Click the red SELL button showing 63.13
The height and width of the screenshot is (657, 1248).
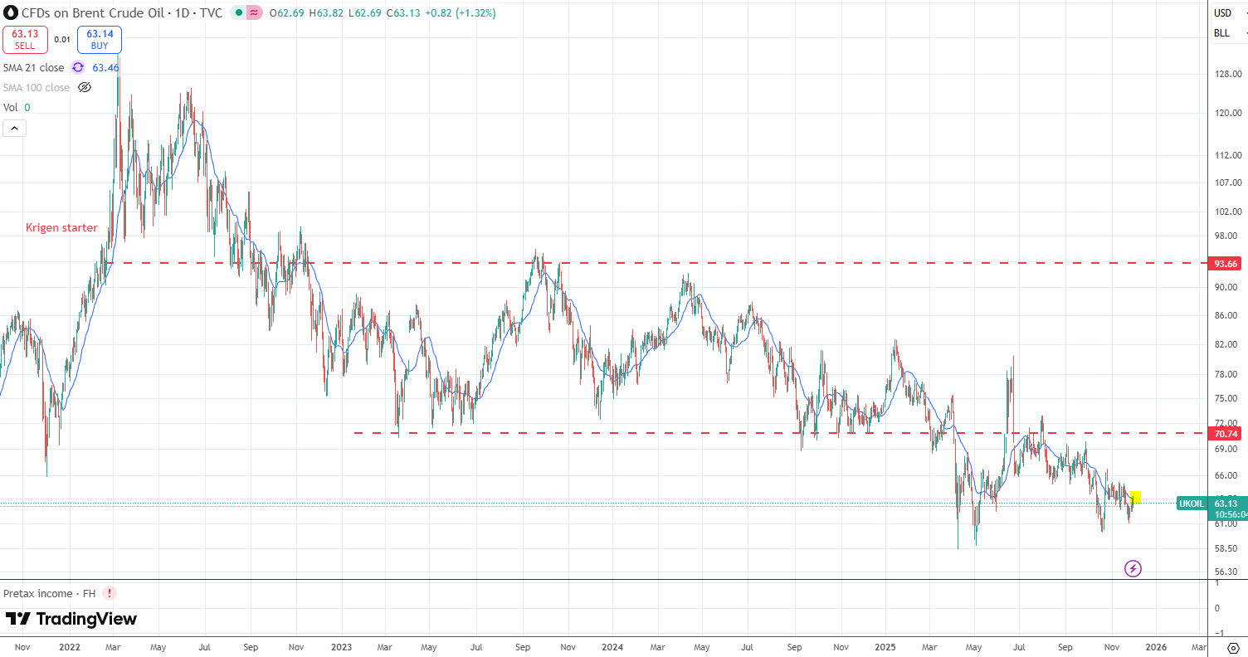coord(25,40)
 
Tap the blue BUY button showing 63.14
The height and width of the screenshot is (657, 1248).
coord(100,40)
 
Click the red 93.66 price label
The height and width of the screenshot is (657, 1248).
coord(1226,264)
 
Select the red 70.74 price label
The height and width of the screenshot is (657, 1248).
coord(1226,434)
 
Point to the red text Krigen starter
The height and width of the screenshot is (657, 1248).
coord(61,227)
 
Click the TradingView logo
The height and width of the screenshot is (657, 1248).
coord(71,619)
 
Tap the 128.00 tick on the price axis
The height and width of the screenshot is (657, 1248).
coord(1227,74)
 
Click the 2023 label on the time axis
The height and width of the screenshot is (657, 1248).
coord(341,646)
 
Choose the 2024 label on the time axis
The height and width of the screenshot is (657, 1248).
coord(612,646)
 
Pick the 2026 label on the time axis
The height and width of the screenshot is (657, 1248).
coord(1156,646)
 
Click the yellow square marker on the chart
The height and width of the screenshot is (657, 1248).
coord(1136,497)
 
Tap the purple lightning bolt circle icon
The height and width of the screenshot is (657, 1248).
coord(1133,568)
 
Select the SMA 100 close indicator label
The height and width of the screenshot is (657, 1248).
coord(37,87)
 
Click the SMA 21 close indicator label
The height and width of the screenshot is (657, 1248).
coord(33,67)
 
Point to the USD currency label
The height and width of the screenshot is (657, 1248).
coord(1222,12)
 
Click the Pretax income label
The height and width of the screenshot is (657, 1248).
coord(49,593)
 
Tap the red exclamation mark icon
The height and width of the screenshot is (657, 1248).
coord(110,593)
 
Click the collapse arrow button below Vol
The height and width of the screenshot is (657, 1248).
coord(15,128)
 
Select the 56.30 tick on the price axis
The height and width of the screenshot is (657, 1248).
coord(1227,572)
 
